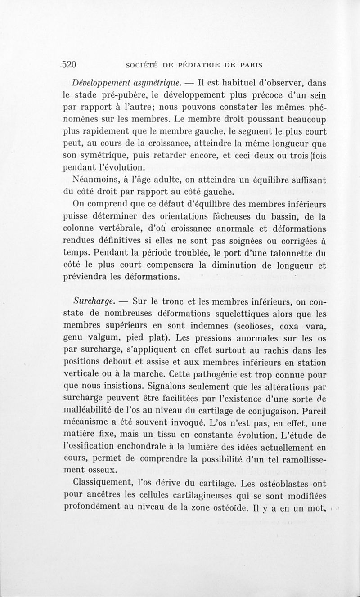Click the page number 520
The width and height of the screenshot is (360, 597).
69,64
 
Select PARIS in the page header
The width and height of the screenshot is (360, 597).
250,65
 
